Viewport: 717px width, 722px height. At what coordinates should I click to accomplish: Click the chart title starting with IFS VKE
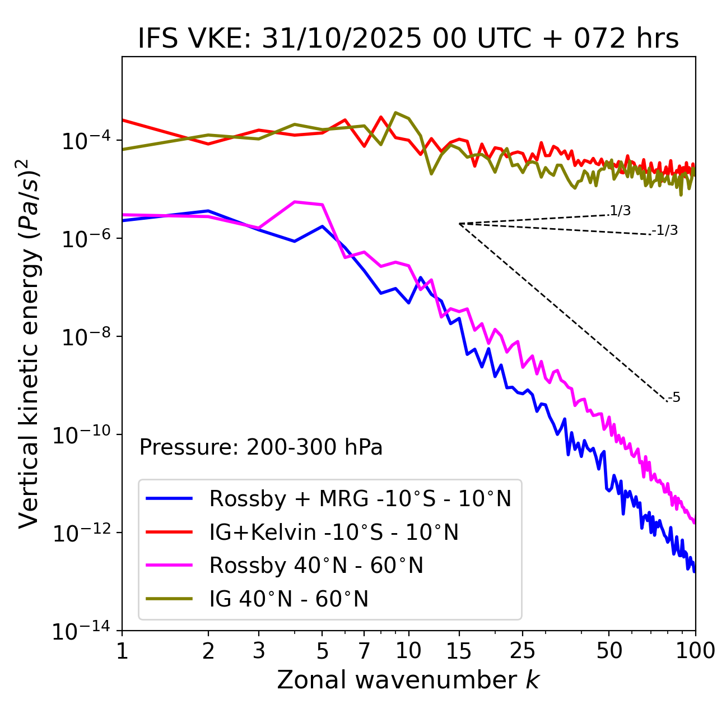tap(408, 39)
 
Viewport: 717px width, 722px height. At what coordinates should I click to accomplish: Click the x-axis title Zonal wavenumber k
tap(408, 680)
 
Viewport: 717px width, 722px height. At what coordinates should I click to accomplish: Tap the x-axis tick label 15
tap(459, 651)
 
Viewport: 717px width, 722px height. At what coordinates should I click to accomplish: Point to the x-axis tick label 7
tap(364, 651)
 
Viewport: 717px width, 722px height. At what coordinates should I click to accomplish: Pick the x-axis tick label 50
tap(609, 651)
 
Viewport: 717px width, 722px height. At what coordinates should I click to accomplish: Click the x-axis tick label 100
tap(695, 651)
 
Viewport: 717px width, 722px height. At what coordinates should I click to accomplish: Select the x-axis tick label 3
tap(259, 651)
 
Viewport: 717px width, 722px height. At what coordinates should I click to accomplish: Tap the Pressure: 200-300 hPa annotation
tap(261, 447)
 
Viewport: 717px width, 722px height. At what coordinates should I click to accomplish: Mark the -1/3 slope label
tap(665, 230)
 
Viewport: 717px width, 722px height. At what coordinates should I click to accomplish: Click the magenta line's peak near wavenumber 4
tap(295, 202)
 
